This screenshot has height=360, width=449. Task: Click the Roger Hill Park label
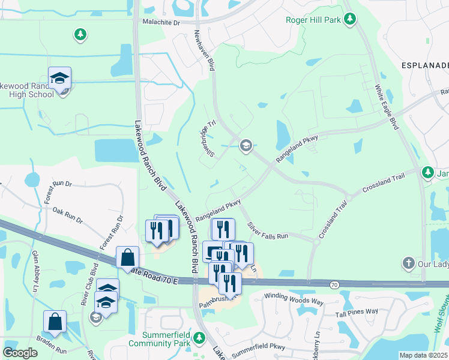point(313,20)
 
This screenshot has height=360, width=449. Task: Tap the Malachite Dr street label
point(161,22)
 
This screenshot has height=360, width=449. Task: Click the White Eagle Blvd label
point(387,107)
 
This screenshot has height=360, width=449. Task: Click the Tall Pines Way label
point(357,311)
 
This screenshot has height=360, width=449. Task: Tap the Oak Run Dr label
point(67,211)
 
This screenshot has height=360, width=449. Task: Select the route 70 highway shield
point(334,283)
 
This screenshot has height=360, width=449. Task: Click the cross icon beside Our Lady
point(409,263)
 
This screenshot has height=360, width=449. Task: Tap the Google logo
point(20,353)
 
